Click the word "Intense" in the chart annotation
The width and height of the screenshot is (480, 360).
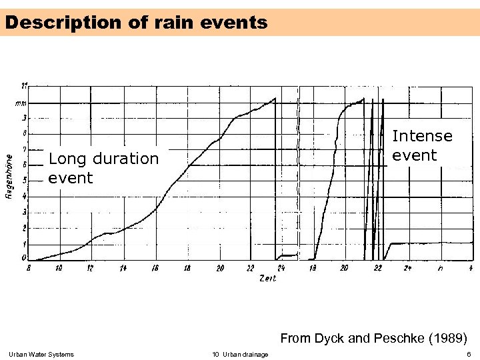(x=422, y=136)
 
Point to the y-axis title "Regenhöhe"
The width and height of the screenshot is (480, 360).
(x=9, y=177)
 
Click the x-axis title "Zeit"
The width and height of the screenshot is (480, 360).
(x=267, y=278)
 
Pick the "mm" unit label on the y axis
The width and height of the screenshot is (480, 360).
(x=22, y=103)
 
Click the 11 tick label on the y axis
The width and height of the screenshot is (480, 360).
(x=24, y=86)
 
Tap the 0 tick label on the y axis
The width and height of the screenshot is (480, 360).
(x=25, y=258)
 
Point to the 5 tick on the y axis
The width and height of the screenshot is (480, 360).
(x=25, y=180)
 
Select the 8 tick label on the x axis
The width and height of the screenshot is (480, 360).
(x=29, y=268)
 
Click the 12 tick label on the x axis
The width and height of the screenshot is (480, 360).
(x=91, y=268)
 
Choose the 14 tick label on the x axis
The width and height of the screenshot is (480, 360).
(x=123, y=268)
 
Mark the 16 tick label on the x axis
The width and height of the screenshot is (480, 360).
(x=155, y=268)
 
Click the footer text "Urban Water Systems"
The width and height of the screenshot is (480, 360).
(x=41, y=354)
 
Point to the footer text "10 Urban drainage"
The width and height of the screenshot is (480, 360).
(x=240, y=354)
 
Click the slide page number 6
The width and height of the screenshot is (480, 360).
(x=469, y=354)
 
